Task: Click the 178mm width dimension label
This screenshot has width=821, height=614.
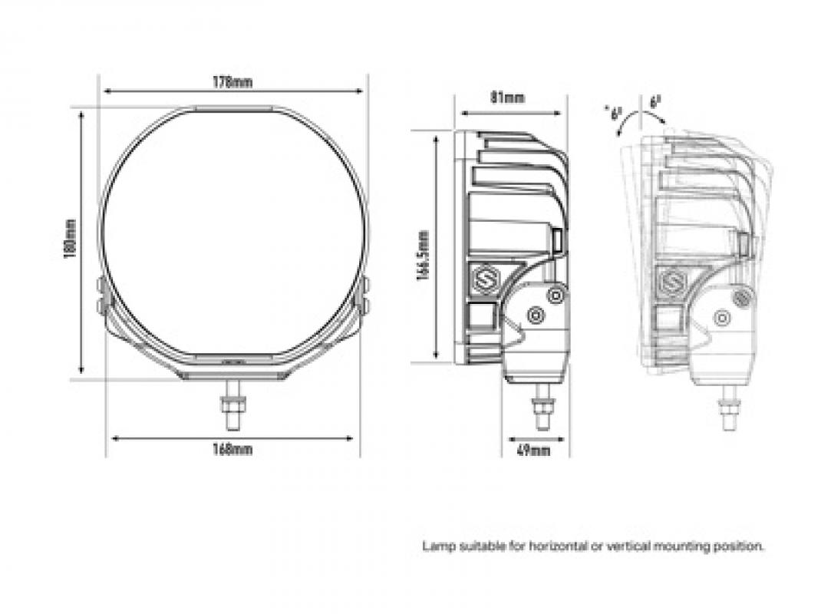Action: (x=233, y=82)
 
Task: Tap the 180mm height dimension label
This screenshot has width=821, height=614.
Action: (x=71, y=239)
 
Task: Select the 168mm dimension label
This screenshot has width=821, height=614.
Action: (x=232, y=450)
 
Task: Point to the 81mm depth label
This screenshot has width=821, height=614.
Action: (x=507, y=97)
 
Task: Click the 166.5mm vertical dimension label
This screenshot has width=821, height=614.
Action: (x=423, y=254)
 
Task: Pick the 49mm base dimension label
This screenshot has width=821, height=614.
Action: (x=534, y=451)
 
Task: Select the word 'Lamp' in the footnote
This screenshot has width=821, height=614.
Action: (x=435, y=546)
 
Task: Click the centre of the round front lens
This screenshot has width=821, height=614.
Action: (x=234, y=234)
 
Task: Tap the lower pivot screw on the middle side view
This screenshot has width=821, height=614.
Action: (x=535, y=315)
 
